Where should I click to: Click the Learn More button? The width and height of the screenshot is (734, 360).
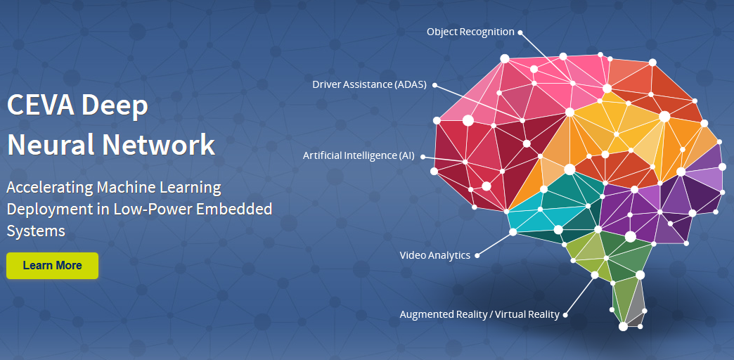52,266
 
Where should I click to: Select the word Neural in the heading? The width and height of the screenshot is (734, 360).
50,144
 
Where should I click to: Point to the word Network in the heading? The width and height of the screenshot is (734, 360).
159,144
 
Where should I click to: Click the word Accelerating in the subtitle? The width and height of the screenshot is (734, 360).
48,188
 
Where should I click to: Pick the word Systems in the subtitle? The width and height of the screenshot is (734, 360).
36,231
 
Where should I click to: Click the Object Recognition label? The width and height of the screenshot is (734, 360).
470,32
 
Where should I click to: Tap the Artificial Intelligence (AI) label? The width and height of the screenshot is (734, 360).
359,155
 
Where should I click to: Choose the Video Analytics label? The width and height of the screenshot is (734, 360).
434,255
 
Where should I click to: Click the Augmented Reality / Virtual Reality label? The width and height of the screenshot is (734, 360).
479,314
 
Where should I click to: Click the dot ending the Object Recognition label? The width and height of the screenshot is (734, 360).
521,32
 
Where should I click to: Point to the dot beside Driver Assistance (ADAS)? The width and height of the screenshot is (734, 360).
434,85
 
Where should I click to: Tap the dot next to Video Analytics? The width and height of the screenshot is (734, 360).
477,255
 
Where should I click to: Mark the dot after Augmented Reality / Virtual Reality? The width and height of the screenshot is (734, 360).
566,314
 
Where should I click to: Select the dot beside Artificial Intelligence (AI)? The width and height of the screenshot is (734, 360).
423,156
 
